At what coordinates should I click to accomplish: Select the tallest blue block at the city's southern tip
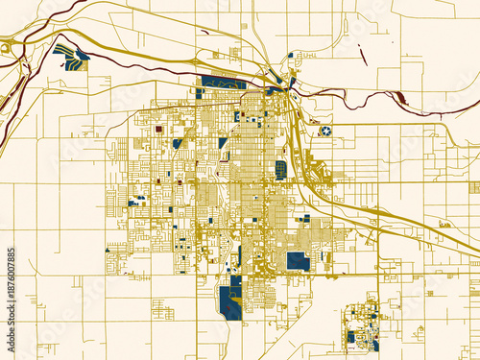(x=230, y=302)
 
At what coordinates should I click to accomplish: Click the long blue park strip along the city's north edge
(x=224, y=83)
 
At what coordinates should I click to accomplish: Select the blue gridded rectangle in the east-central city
(x=280, y=170)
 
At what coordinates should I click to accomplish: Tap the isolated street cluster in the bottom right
(x=362, y=326)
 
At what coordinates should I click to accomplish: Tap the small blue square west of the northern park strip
(x=198, y=94)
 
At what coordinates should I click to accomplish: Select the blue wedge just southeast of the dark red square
(x=178, y=144)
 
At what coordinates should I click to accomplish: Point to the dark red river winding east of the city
(x=355, y=93)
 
